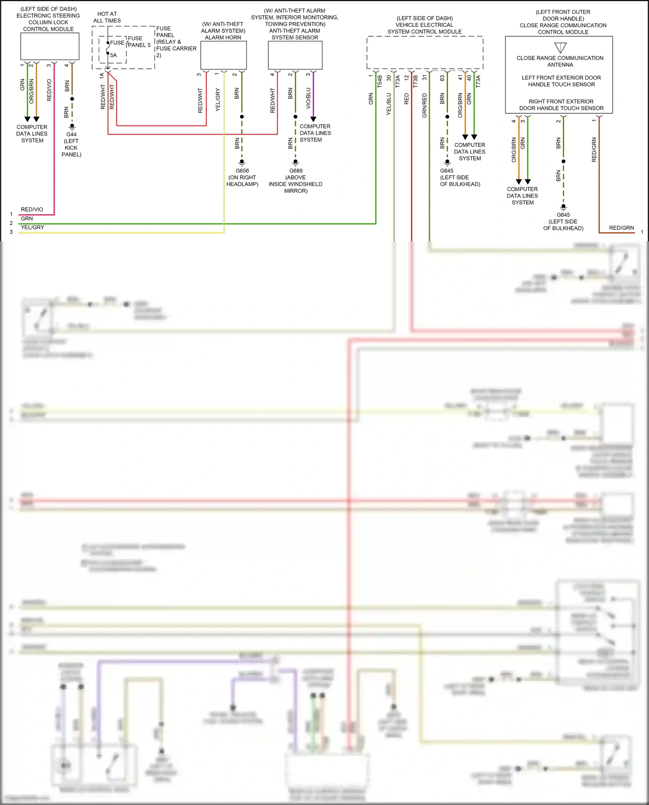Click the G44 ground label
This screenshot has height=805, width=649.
point(71,134)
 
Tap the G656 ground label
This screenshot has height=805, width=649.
point(242,170)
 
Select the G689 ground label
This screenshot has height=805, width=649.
point(296,170)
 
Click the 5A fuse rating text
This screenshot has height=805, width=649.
point(113,55)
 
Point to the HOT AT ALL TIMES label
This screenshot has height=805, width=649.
point(107,17)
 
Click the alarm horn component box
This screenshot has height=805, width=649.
point(223,55)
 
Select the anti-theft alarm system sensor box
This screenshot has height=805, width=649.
point(295,55)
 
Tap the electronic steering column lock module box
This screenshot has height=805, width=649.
point(50,46)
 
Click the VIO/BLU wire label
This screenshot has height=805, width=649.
point(308,98)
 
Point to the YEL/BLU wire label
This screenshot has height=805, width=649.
point(389,104)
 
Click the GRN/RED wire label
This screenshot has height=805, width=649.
point(424,105)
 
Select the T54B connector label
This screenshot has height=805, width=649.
point(380,81)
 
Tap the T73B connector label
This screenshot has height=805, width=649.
point(415,81)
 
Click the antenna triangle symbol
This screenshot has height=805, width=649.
point(560,47)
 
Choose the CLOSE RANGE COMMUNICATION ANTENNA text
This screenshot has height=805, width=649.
point(560,61)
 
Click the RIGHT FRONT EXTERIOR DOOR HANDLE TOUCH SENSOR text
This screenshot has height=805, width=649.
point(561,105)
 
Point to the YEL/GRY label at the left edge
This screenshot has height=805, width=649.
point(32,228)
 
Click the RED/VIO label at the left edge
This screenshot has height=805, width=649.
point(32,209)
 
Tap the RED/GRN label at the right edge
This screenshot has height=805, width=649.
point(621,228)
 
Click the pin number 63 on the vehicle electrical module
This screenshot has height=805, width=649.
point(442,78)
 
